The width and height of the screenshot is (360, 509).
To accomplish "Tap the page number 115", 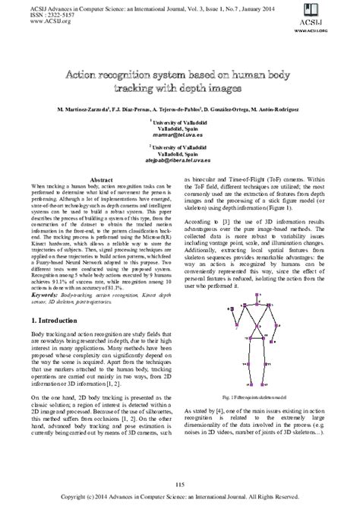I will click(x=180, y=485).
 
